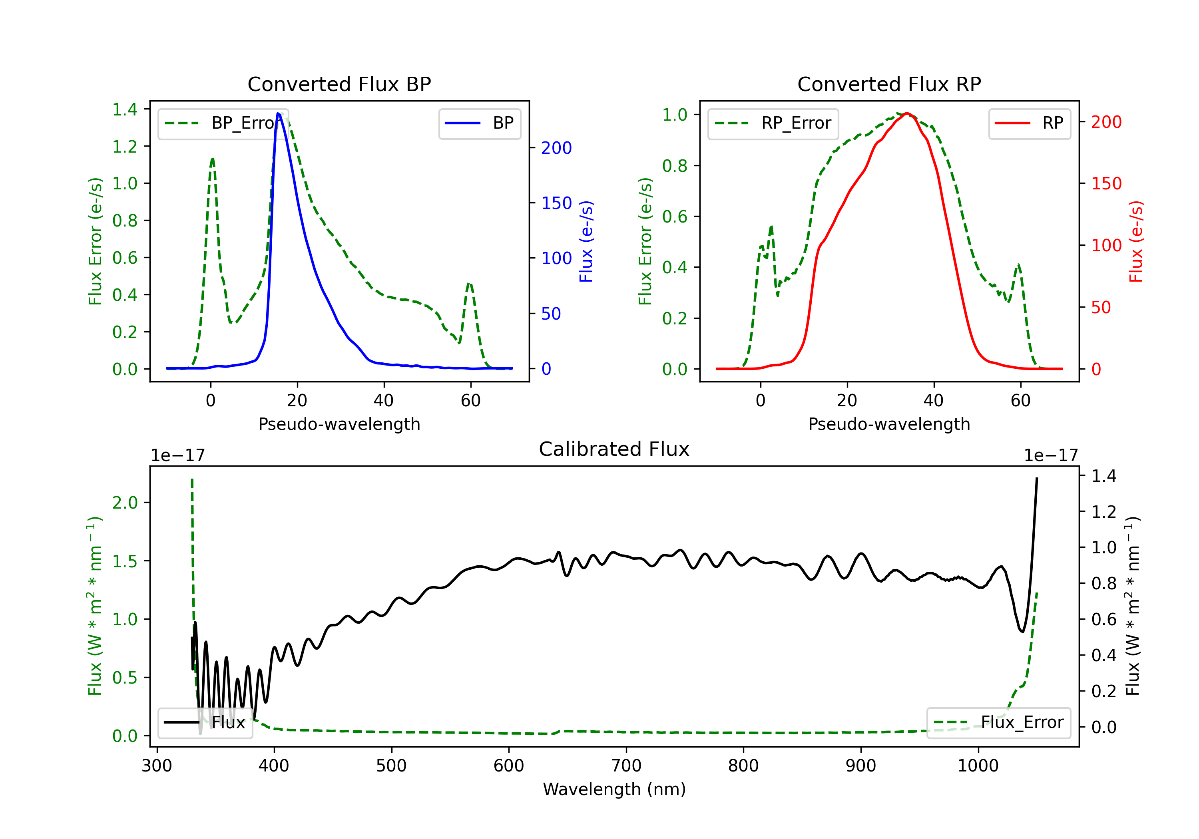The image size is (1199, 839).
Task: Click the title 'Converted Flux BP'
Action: point(339,84)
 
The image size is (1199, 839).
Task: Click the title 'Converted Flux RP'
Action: point(889,84)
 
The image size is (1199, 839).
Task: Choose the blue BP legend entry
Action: point(479,123)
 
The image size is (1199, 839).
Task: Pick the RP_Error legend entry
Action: point(773,123)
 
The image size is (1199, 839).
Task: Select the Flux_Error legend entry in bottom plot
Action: point(998,723)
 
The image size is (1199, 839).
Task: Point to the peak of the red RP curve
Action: point(908,113)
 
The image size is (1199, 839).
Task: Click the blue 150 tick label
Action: point(556,203)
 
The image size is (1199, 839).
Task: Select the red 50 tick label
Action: point(1101,308)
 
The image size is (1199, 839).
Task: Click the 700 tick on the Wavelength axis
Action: point(626,766)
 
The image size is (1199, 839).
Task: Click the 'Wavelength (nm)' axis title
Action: point(614,789)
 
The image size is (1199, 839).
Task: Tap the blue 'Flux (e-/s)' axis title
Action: point(586,241)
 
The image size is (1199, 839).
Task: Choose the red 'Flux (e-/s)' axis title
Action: point(1136,241)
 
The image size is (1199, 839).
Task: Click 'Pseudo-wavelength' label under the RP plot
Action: point(889,424)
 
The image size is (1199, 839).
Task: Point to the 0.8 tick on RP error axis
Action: point(675,166)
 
